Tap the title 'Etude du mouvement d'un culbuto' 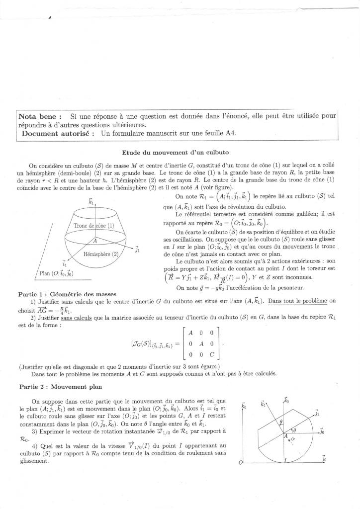[175, 152]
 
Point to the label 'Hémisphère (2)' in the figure [101, 254]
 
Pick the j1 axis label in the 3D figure [137, 250]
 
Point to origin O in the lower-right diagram [241, 463]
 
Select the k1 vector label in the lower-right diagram [263, 405]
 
